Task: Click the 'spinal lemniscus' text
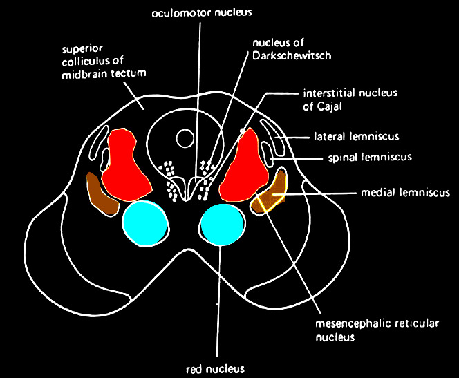(369, 157)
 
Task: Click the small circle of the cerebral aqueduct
(185, 139)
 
